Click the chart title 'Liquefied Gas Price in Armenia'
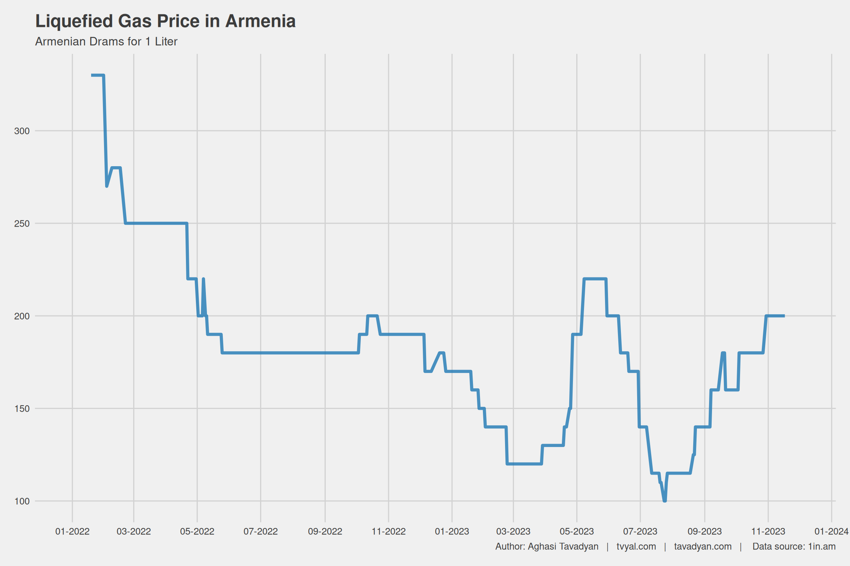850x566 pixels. [x=165, y=21]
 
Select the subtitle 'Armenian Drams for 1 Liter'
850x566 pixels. [x=106, y=42]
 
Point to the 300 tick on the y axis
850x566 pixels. [x=22, y=131]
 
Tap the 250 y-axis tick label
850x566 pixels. [x=22, y=224]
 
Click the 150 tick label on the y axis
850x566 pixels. [x=22, y=409]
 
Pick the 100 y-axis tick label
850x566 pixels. [x=22, y=501]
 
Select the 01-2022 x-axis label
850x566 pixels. [x=72, y=531]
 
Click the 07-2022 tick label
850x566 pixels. [x=260, y=531]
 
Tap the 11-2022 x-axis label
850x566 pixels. [x=388, y=531]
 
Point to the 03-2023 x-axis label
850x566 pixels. [x=513, y=531]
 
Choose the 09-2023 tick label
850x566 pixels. [x=705, y=531]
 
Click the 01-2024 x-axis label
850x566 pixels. [x=832, y=531]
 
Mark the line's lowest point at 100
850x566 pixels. [x=664, y=501]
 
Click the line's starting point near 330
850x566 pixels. [x=92, y=76]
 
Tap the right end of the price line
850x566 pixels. [x=784, y=316]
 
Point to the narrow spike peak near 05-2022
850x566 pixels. [x=203, y=279]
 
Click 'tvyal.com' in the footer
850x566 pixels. [x=636, y=546]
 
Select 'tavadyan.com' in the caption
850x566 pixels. [x=702, y=546]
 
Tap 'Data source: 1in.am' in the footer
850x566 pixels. [x=794, y=546]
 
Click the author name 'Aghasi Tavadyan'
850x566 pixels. [x=563, y=546]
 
